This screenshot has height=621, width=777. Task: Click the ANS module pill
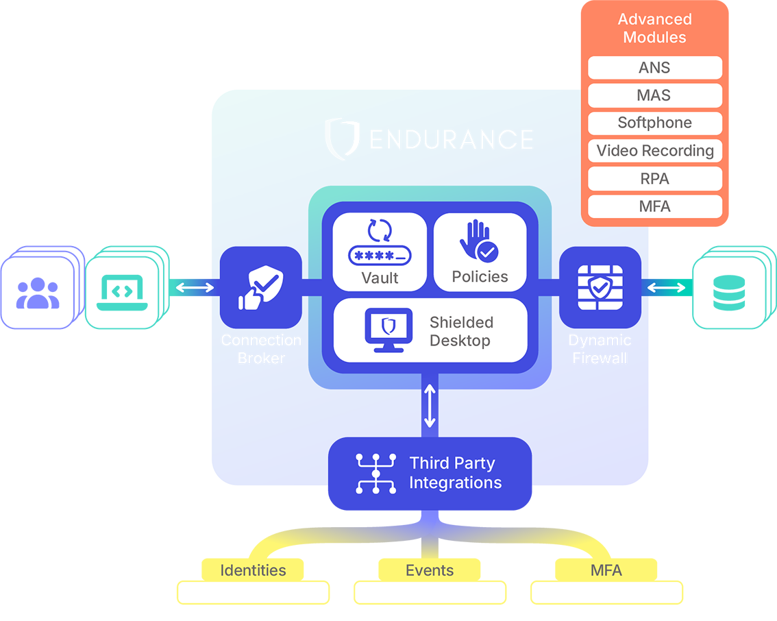click(x=654, y=68)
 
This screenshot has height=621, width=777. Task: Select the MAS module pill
click(x=654, y=95)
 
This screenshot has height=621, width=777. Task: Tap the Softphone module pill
click(x=654, y=123)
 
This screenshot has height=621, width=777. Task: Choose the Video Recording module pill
click(x=654, y=151)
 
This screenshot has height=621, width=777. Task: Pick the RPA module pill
click(x=654, y=179)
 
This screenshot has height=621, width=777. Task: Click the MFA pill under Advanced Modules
click(x=654, y=206)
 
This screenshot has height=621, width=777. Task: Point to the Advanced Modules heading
click(x=654, y=28)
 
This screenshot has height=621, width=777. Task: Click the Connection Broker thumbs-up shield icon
click(x=260, y=289)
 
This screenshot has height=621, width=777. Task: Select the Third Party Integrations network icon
click(x=376, y=473)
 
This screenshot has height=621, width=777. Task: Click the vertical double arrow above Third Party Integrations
click(x=430, y=406)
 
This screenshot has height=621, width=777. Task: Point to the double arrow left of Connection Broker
click(x=195, y=287)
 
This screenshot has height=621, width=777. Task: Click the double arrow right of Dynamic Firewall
click(x=666, y=287)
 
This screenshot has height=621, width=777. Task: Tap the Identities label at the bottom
click(x=253, y=570)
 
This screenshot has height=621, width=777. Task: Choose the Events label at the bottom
click(x=430, y=570)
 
